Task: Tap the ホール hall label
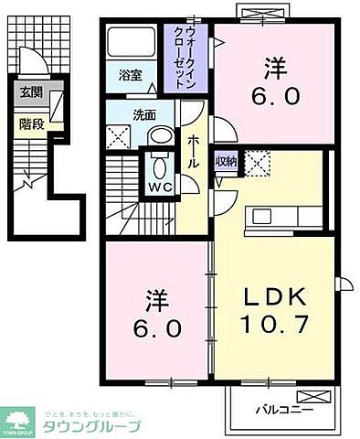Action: [195, 150]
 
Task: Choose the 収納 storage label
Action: [226, 162]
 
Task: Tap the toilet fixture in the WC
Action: [157, 167]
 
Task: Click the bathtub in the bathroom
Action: [132, 42]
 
